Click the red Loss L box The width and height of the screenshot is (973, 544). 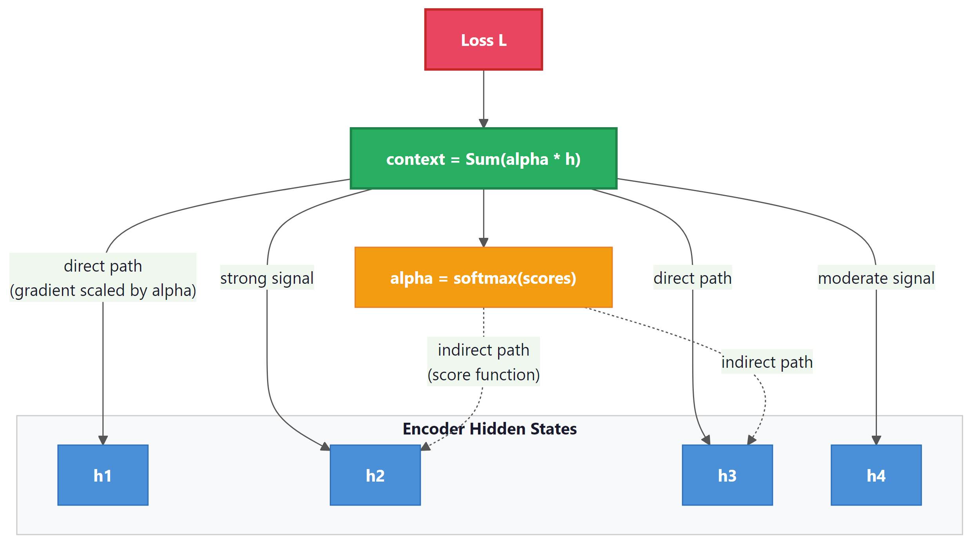click(x=483, y=40)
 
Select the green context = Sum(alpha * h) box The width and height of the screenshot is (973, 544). click(x=483, y=159)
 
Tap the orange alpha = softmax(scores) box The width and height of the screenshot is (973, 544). click(x=483, y=277)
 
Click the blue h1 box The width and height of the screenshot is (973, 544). click(x=103, y=475)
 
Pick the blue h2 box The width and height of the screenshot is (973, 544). click(x=375, y=475)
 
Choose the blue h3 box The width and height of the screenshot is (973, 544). click(x=727, y=475)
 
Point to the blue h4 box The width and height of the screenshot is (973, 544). click(x=876, y=475)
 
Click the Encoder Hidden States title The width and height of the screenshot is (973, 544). click(x=489, y=429)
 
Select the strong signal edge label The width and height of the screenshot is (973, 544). click(x=267, y=278)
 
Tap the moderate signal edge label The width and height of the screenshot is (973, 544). click(x=876, y=278)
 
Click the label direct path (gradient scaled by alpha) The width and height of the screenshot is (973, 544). click(x=103, y=278)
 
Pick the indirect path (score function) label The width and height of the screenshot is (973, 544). click(x=483, y=362)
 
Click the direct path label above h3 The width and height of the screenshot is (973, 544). click(x=692, y=278)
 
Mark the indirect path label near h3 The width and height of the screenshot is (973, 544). click(x=767, y=362)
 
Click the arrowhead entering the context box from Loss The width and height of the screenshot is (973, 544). click(x=483, y=124)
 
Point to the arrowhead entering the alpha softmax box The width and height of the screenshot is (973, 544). click(x=483, y=243)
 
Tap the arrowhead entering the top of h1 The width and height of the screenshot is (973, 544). click(x=103, y=440)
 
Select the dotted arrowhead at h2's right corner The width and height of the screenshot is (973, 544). click(x=426, y=447)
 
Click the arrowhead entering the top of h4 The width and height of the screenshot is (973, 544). click(x=876, y=440)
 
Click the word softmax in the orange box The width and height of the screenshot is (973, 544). click(x=485, y=278)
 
